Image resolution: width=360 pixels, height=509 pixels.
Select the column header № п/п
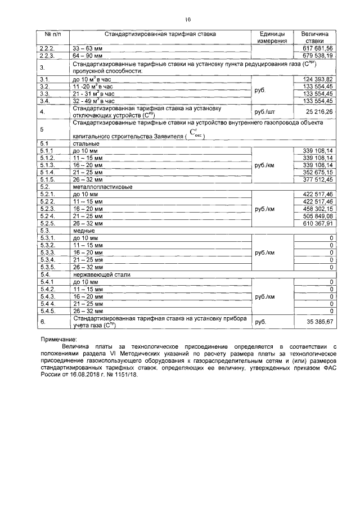[x=53, y=34]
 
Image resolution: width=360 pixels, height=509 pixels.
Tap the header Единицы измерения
[x=272, y=38]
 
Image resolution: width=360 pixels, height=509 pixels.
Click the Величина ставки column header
[x=318, y=38]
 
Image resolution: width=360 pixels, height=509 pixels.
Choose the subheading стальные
[x=83, y=144]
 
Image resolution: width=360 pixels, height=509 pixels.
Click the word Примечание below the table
[x=60, y=340]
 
